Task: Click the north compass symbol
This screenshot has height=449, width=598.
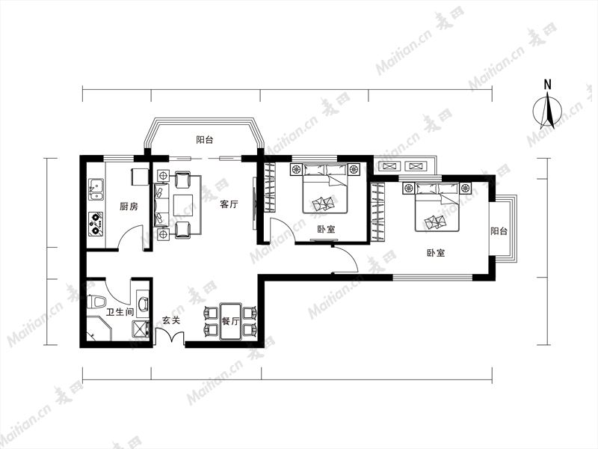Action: point(547,111)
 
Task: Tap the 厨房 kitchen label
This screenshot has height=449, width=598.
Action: point(129,207)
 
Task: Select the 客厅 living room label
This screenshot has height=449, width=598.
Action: point(229,204)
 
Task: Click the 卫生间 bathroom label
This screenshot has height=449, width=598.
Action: point(120,312)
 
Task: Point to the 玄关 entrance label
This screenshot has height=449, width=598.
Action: point(171,320)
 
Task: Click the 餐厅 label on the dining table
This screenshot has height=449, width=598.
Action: point(231,321)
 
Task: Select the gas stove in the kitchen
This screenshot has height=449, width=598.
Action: point(96,224)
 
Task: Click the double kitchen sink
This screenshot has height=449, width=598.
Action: point(96,190)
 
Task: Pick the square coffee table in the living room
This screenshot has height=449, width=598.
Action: point(184,205)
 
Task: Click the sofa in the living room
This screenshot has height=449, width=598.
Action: point(161,205)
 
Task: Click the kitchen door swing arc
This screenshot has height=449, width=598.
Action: point(129,235)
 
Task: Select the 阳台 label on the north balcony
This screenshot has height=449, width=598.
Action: point(204,140)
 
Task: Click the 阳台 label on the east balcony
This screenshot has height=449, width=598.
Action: point(499,231)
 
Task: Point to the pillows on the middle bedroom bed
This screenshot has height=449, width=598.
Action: point(325,169)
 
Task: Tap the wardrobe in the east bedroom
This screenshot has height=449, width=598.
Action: point(378,212)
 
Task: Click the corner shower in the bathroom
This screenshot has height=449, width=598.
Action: point(99,328)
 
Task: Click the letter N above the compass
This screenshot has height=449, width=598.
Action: point(548,85)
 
